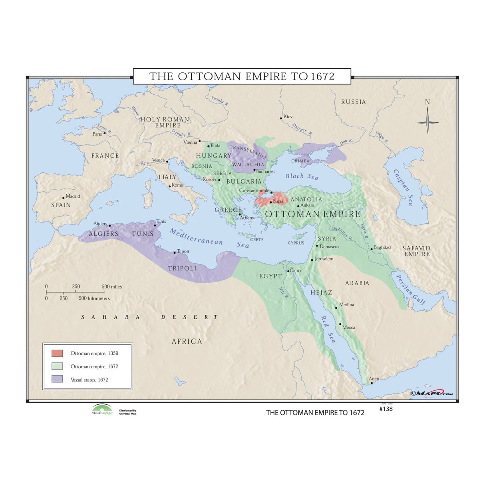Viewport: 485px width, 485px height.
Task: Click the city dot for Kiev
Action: pyautogui.click(x=281, y=118)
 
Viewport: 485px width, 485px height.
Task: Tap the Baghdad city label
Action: pyautogui.click(x=382, y=247)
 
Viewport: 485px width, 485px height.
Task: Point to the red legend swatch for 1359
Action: pyautogui.click(x=57, y=353)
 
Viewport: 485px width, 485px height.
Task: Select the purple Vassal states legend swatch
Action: pyautogui.click(x=57, y=379)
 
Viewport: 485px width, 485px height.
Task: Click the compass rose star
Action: pyautogui.click(x=427, y=122)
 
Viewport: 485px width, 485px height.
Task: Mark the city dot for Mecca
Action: pyautogui.click(x=340, y=324)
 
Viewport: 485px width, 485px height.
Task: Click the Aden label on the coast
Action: pyautogui.click(x=374, y=379)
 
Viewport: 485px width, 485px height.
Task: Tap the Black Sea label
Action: pyautogui.click(x=302, y=176)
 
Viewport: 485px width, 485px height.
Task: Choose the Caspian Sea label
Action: pyautogui.click(x=403, y=187)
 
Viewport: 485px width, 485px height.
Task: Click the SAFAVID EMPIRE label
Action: pyautogui.click(x=417, y=251)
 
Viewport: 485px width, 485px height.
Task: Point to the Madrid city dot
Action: pyautogui.click(x=64, y=198)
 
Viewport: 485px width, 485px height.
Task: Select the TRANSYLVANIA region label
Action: pyautogui.click(x=248, y=152)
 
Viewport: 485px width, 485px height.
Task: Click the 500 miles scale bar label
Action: pyautogui.click(x=112, y=286)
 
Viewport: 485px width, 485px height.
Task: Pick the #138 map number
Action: pyautogui.click(x=386, y=409)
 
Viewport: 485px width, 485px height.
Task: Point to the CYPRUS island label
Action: pyautogui.click(x=296, y=243)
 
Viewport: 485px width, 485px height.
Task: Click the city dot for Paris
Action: pyautogui.click(x=105, y=133)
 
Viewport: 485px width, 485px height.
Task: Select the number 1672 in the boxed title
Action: pyautogui.click(x=322, y=76)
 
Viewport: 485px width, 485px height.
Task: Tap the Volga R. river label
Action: pyautogui.click(x=382, y=137)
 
